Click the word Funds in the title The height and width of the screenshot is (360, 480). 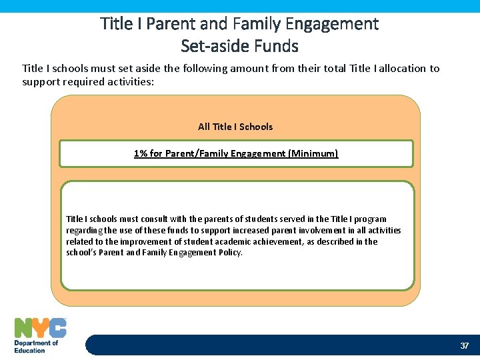coord(276,46)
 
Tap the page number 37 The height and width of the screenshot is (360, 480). coord(465,345)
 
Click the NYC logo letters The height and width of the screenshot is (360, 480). coord(40,327)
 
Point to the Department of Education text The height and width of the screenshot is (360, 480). coord(36,347)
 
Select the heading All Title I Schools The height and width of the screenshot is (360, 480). coord(235,127)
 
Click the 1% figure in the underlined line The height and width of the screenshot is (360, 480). coord(141,153)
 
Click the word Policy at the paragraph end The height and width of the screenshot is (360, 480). coord(229,253)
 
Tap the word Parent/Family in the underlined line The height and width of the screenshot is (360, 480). coord(193,153)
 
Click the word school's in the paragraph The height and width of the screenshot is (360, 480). coord(81,253)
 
